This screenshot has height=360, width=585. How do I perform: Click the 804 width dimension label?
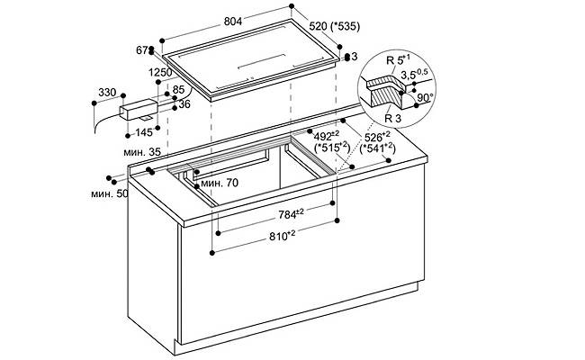233,22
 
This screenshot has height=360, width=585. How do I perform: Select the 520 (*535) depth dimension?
335,26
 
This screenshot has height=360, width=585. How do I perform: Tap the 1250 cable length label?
160,72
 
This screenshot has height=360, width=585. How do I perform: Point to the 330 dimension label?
107,92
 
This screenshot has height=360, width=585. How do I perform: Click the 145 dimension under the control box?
144,132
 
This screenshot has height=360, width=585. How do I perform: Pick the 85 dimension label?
179,90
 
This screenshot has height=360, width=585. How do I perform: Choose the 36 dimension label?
184,104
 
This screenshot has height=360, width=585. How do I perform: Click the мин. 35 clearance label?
142,152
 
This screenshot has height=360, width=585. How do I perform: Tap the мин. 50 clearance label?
109,194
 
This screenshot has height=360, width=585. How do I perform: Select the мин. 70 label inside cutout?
220,184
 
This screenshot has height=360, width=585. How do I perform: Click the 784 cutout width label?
292,214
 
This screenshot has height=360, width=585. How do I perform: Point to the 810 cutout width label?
283,236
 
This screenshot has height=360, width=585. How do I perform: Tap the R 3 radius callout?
392,119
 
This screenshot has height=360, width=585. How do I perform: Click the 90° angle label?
425,98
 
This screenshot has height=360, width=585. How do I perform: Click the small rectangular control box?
139,109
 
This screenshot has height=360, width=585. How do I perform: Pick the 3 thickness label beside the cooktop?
354,57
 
